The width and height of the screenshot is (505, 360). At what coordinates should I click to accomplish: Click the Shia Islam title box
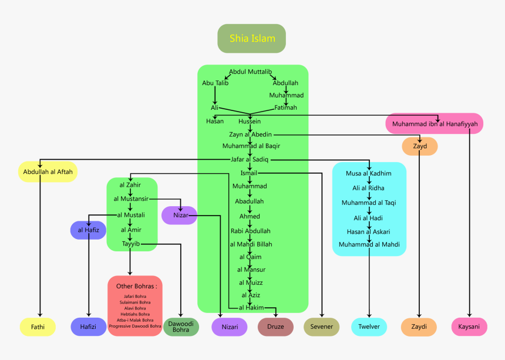point(252,39)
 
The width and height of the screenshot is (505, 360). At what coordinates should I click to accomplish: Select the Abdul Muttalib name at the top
point(251,72)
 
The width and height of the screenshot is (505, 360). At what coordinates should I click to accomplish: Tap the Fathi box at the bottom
point(38,327)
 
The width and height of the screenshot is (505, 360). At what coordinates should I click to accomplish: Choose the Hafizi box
point(89,327)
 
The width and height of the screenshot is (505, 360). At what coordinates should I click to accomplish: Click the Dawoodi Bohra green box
point(181,327)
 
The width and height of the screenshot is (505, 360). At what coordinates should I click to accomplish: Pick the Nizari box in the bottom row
point(230,327)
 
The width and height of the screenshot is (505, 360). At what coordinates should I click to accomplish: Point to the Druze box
point(275,327)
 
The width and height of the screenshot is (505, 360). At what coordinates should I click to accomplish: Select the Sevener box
point(322,327)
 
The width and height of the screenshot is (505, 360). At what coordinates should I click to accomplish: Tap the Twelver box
point(369,327)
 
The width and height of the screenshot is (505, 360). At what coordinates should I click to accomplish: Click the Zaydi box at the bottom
point(419,327)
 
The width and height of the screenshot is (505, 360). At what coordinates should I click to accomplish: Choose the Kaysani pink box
point(469,327)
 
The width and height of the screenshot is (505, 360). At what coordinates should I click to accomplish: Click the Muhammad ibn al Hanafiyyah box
point(435,124)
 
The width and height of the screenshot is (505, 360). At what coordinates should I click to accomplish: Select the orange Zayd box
point(420,146)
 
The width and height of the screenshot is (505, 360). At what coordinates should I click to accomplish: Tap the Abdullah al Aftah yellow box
point(46,172)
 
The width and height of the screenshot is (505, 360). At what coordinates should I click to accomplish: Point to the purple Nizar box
point(180,216)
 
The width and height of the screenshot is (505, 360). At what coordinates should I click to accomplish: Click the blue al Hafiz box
point(88,230)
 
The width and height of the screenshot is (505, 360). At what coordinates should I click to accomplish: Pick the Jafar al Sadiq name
point(251,159)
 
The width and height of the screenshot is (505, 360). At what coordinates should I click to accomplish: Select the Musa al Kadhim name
point(369,173)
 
